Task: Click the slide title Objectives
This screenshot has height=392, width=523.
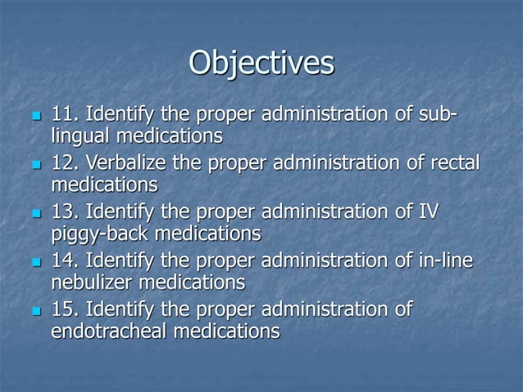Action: [x=261, y=63]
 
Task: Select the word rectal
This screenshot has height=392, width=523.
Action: [x=453, y=162]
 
